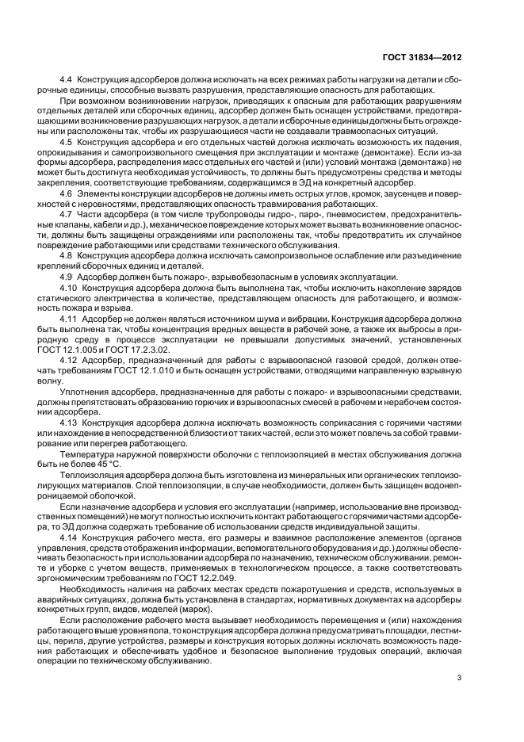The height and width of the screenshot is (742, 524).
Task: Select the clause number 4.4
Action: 67,81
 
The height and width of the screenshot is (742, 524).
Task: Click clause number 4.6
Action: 67,194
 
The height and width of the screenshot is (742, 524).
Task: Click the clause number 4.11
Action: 70,318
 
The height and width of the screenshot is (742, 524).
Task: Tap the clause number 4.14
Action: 70,537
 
